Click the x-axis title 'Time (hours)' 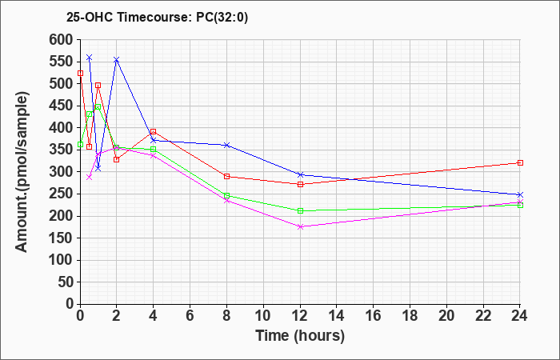pos(300,335)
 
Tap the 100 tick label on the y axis pos(61,260)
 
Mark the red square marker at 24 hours pos(520,162)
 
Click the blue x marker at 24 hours pos(520,194)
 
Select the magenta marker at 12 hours pos(300,226)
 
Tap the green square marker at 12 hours pos(300,210)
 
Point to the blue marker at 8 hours pos(226,145)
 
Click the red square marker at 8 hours pos(226,176)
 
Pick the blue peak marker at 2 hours pos(117,60)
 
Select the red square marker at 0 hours pos(80,73)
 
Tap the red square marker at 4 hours pos(153,132)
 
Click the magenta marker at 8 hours pos(226,200)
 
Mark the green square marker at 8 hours pos(226,195)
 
